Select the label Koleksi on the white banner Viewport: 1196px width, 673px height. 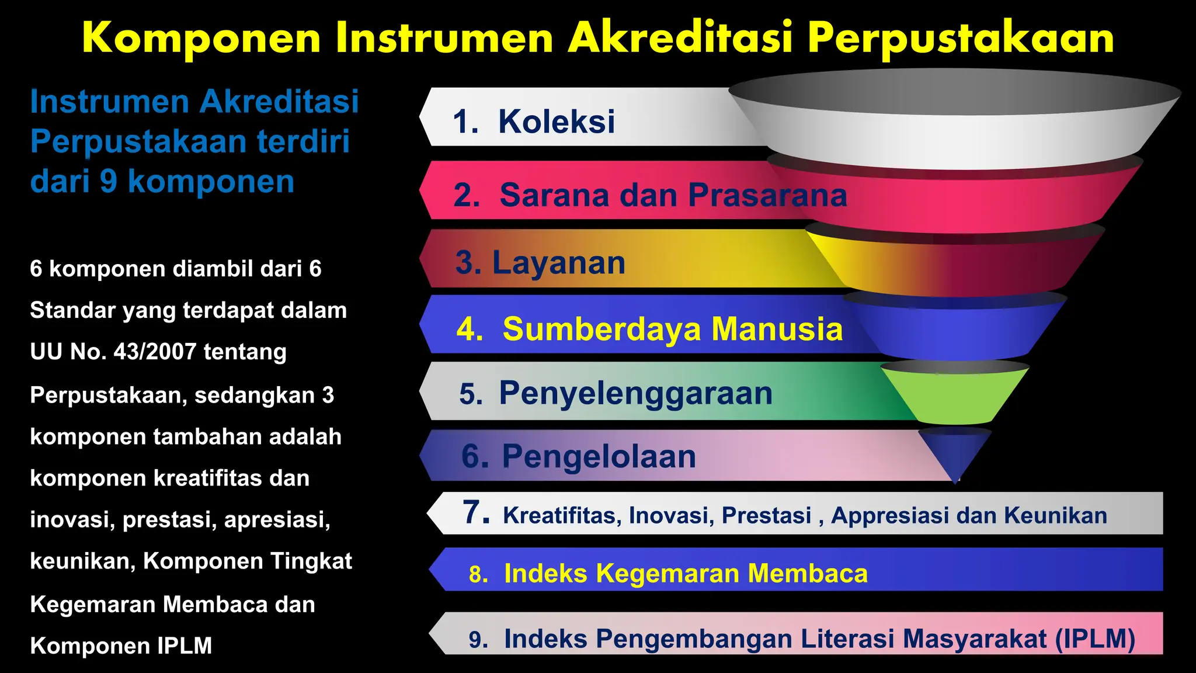pos(556,122)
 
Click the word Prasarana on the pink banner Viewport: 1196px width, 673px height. pos(767,195)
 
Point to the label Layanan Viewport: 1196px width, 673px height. pos(558,262)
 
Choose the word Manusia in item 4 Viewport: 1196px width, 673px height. pos(777,329)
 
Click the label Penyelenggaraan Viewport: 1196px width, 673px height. pos(635,393)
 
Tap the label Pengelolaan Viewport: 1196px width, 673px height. pos(599,456)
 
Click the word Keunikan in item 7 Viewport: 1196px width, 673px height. pos(1055,516)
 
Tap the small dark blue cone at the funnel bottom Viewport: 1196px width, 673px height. pos(955,451)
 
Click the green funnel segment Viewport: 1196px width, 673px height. pos(955,397)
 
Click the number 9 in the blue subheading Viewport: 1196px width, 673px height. pos(109,181)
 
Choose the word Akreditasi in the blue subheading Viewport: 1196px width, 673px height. pos(279,102)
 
